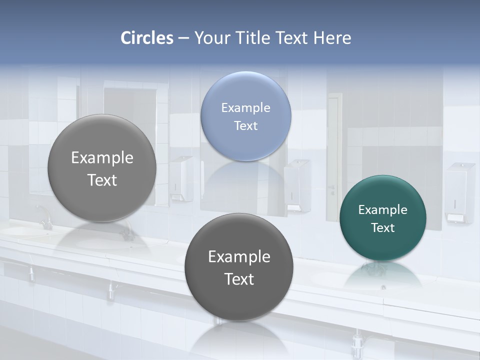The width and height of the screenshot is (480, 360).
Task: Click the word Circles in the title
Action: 147,38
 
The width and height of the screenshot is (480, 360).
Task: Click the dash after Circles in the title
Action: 183,38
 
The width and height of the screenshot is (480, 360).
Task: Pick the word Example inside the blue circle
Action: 245,107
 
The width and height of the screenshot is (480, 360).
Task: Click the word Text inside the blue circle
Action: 245,125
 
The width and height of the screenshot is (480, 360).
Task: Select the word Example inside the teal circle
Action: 382,209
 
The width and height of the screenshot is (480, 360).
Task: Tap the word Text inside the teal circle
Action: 382,227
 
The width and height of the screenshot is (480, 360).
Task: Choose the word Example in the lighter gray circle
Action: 102,157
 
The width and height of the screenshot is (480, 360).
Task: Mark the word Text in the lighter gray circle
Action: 102,180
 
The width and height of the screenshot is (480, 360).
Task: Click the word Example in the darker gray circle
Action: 239,256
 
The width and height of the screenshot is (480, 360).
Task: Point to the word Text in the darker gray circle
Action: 239,279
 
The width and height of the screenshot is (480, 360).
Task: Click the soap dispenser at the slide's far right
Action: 459,192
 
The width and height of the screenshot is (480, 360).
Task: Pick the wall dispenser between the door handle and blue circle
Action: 297,185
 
